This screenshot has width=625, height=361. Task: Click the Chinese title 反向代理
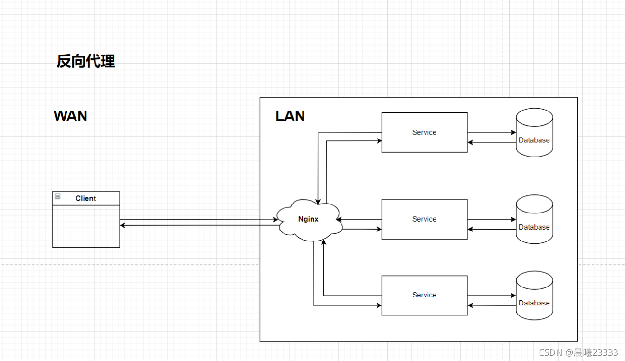[x=86, y=61]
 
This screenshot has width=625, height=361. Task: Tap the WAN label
[x=70, y=116]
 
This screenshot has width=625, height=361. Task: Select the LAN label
[x=290, y=116]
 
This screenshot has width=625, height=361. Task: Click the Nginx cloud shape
[x=309, y=220]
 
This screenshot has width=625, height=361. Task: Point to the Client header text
[x=86, y=198]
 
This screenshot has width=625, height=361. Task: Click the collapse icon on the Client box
[x=57, y=196]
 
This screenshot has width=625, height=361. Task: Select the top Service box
[x=424, y=132]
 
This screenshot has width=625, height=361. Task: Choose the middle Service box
[x=424, y=219]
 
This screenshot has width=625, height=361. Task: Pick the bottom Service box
[x=424, y=295]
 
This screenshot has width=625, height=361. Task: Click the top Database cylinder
[x=534, y=133]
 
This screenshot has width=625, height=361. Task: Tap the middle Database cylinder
[x=534, y=220]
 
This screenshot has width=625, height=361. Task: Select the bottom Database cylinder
[x=534, y=296]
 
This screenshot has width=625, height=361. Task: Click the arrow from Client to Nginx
[x=199, y=220]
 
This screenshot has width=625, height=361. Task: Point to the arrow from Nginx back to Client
[x=199, y=225]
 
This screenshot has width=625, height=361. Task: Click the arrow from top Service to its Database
[x=492, y=133]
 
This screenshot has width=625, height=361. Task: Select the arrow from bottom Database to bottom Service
[x=492, y=305]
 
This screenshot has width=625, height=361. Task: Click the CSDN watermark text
[x=578, y=352]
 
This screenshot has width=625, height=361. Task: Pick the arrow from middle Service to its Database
[x=492, y=220]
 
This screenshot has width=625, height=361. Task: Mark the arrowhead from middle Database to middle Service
[x=470, y=230]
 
